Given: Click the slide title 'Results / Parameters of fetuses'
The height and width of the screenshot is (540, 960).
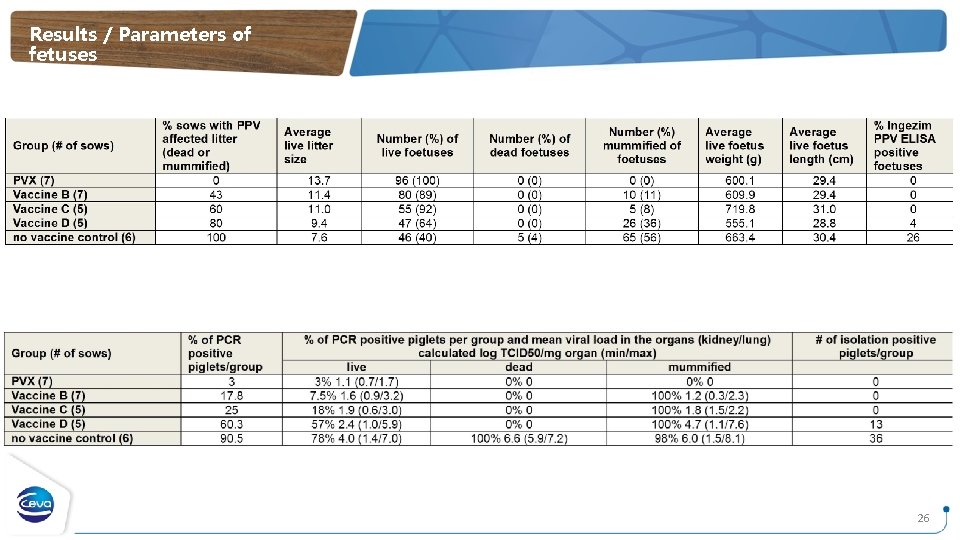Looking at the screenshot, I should pos(139,44).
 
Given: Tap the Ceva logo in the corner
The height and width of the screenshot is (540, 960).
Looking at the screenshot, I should pos(41,502).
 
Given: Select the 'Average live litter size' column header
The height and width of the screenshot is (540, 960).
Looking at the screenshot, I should pos(307,145).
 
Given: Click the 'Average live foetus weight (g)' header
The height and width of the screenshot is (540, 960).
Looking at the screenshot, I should pos(734,145).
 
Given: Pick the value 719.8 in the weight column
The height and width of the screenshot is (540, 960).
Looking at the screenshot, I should pos(740,209).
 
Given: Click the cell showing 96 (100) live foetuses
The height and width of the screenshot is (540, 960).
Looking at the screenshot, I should pos(417,180).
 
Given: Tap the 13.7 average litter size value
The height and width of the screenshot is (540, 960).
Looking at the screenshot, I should pos(294,180).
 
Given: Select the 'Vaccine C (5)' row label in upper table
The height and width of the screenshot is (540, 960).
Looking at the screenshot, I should pos(49,209).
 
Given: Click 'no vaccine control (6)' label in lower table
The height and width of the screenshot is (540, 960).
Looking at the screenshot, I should pos(71,438).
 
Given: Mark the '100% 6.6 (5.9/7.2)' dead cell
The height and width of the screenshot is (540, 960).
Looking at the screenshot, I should pos(520,438).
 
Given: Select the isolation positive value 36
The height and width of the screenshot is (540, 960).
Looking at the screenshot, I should pos(875,438).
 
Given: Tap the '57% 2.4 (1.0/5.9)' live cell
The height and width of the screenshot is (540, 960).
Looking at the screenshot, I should pos(357,424).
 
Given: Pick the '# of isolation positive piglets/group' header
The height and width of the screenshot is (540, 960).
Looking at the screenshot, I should pos(875,346).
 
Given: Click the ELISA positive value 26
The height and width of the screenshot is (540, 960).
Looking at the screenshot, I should pos(912,237).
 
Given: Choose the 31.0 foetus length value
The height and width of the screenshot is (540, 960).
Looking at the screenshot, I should pos(820,209).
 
